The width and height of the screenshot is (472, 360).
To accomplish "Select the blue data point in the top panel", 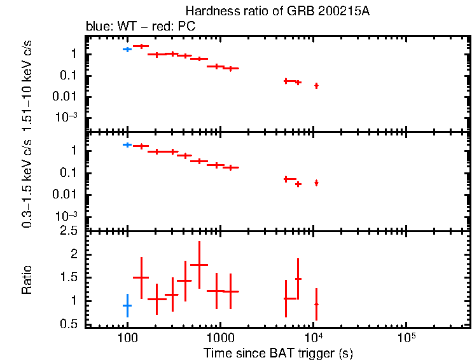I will [x=127, y=49].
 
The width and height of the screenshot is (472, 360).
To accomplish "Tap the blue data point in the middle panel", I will [x=127, y=145].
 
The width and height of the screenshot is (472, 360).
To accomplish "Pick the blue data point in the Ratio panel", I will [x=127, y=306].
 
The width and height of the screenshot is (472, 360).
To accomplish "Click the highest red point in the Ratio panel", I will [x=199, y=265].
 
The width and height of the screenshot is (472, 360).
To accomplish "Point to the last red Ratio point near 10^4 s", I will [x=316, y=304].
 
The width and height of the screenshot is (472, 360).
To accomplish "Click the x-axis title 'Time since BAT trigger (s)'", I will [x=278, y=352].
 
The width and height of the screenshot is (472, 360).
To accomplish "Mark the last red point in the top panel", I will [x=316, y=85].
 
